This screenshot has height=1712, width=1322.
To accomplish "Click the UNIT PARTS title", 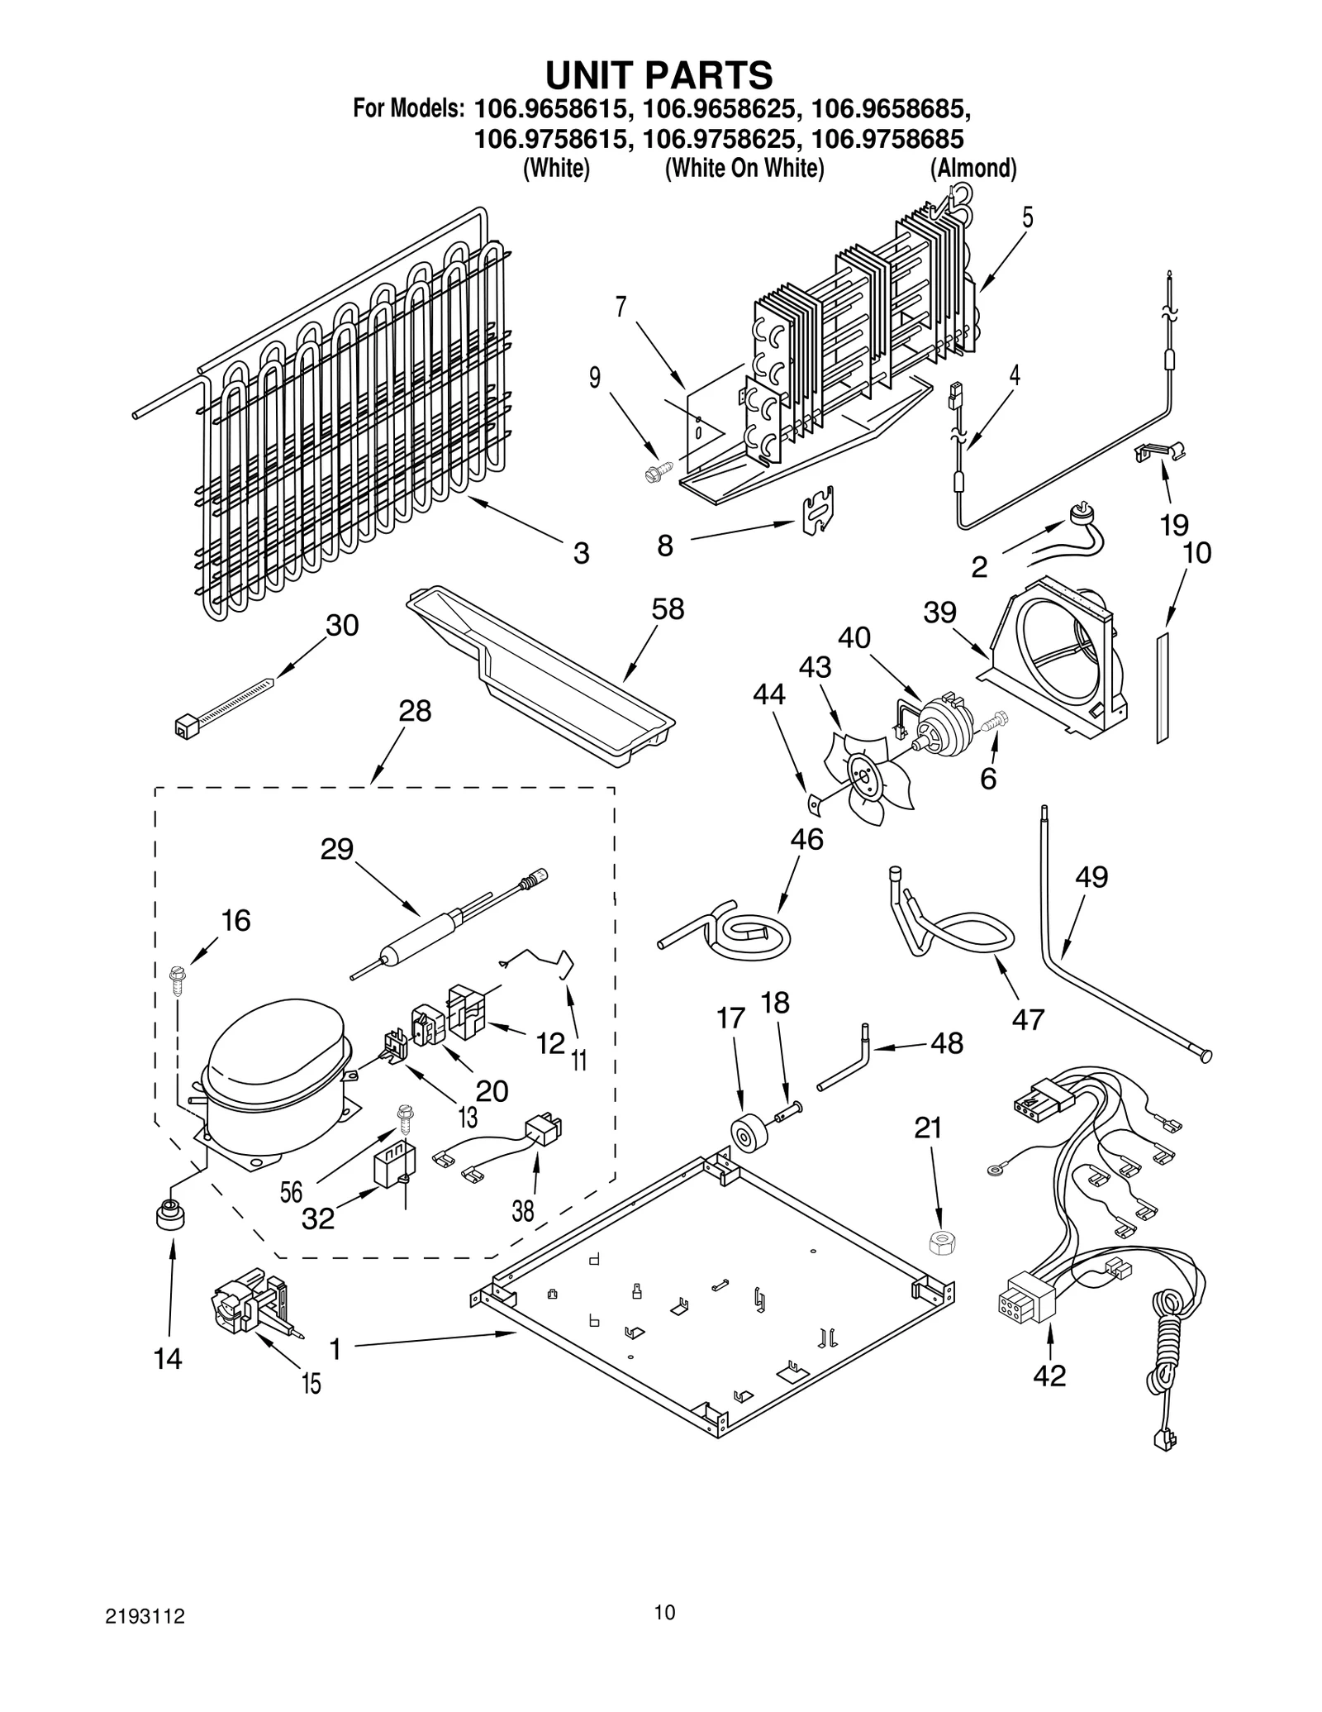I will [x=659, y=75].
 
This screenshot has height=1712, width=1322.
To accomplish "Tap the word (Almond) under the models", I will [x=972, y=169].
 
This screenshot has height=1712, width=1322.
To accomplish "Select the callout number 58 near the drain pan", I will [x=668, y=609].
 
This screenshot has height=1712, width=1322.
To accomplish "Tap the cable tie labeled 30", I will [x=223, y=700].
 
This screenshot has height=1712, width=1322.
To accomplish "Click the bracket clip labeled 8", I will [x=818, y=511].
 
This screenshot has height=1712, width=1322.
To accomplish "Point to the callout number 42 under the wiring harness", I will [x=1049, y=1376].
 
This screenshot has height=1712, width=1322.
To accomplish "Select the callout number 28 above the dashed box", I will [x=415, y=710].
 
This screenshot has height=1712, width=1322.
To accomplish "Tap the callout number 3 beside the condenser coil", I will [x=581, y=553].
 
